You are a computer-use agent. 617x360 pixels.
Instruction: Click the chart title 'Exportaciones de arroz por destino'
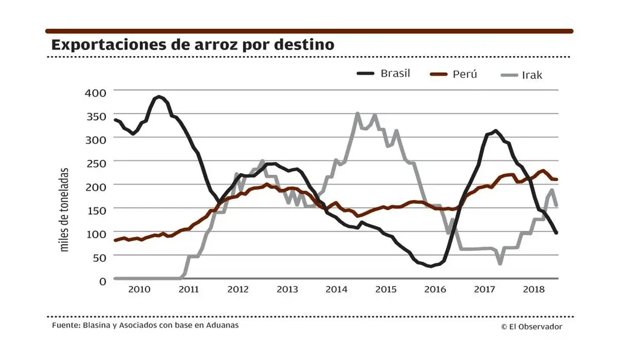pyautogui.click(x=193, y=45)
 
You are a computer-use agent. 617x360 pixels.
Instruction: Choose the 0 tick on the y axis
pyautogui.click(x=102, y=280)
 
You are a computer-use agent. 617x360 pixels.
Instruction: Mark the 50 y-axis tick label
pyautogui.click(x=99, y=257)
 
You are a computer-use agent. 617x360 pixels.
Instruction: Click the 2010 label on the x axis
pyautogui.click(x=139, y=290)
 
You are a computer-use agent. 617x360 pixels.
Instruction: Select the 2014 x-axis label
pyautogui.click(x=336, y=290)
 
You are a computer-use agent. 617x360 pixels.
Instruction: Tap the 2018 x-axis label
pyautogui.click(x=533, y=290)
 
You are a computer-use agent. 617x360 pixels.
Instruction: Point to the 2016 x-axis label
pyautogui.click(x=435, y=290)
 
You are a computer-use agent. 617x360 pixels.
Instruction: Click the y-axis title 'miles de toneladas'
pyautogui.click(x=64, y=209)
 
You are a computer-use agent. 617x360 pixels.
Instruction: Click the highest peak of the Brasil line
pyautogui.click(x=159, y=96)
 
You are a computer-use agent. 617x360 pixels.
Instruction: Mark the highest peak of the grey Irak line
pyautogui.click(x=358, y=113)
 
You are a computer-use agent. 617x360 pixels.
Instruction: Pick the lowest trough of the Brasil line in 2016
pyautogui.click(x=430, y=266)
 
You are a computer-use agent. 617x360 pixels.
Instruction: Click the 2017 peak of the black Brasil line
pyautogui.click(x=495, y=130)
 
